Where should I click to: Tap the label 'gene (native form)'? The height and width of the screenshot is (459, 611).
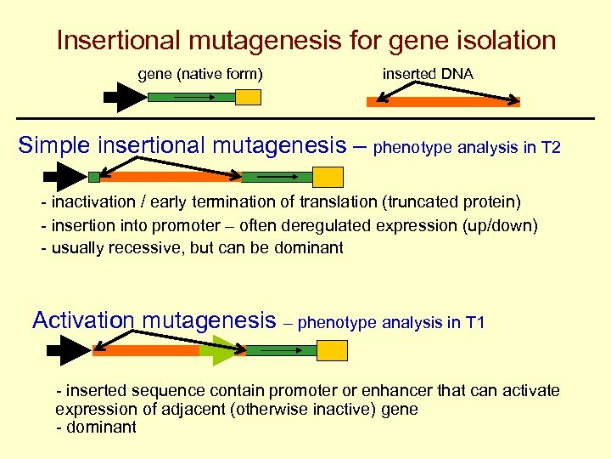pyautogui.click(x=200, y=75)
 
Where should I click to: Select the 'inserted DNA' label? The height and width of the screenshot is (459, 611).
pyautogui.click(x=428, y=75)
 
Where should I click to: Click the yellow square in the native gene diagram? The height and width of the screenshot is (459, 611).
pyautogui.click(x=248, y=97)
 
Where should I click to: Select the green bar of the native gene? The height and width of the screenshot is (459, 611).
pyautogui.click(x=191, y=97)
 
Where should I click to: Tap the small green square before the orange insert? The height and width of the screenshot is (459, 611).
pyautogui.click(x=93, y=177)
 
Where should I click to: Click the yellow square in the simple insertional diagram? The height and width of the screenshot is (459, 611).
pyautogui.click(x=328, y=177)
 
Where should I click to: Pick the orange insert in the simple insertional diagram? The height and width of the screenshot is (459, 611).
pyautogui.click(x=170, y=178)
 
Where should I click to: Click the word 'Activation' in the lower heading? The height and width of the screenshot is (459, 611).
pyautogui.click(x=83, y=320)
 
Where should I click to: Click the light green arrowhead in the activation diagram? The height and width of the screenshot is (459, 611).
pyautogui.click(x=222, y=350)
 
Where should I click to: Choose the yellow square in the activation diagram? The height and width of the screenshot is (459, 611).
pyautogui.click(x=332, y=350)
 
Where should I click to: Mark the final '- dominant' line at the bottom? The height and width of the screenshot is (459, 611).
pyautogui.click(x=96, y=428)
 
